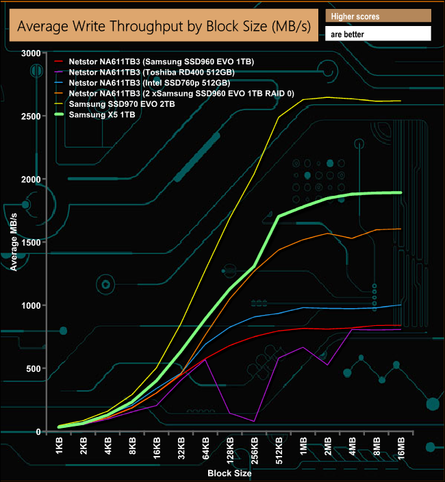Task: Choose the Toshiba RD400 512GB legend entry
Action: point(161,73)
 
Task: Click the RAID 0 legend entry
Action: point(182,93)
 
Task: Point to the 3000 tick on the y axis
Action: point(31,53)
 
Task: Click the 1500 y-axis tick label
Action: point(31,242)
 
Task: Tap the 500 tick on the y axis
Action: point(33,369)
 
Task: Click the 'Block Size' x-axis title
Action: point(230,473)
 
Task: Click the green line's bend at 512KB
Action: point(279,216)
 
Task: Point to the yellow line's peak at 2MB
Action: point(328,97)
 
